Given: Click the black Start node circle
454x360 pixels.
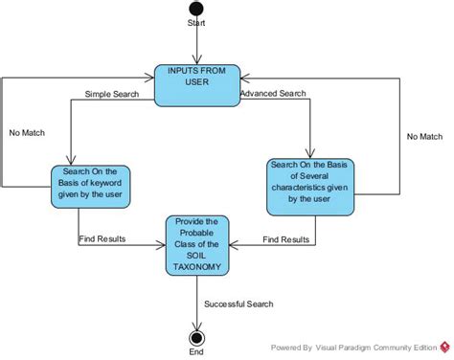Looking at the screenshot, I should [196, 8].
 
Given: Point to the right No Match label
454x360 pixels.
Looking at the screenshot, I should [424, 136].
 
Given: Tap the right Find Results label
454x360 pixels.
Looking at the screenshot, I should [285, 238].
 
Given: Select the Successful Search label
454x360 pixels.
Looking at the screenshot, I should [238, 304].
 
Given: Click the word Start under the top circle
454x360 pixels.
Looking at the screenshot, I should [196, 23].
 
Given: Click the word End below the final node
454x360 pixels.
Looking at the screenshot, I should [196, 352].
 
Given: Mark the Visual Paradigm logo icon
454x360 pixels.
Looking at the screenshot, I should [444, 347].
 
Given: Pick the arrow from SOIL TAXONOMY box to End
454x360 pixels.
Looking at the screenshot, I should [196, 302].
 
